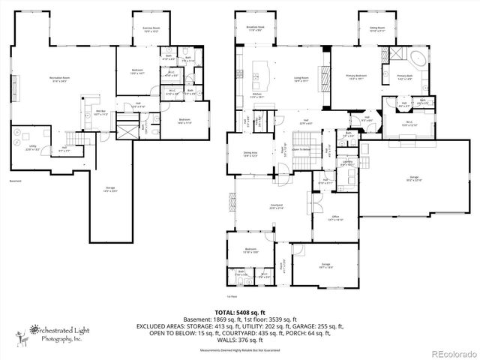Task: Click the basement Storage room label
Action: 111,190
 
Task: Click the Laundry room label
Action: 347,163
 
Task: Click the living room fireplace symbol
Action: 327,58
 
